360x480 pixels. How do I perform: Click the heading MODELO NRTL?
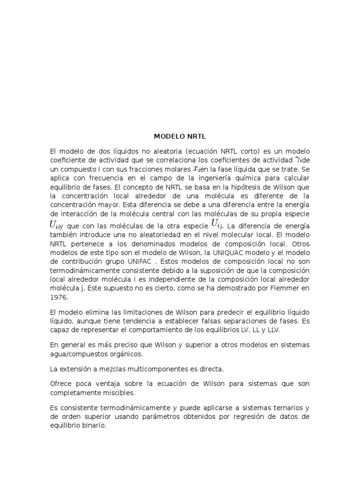point(180,136)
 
